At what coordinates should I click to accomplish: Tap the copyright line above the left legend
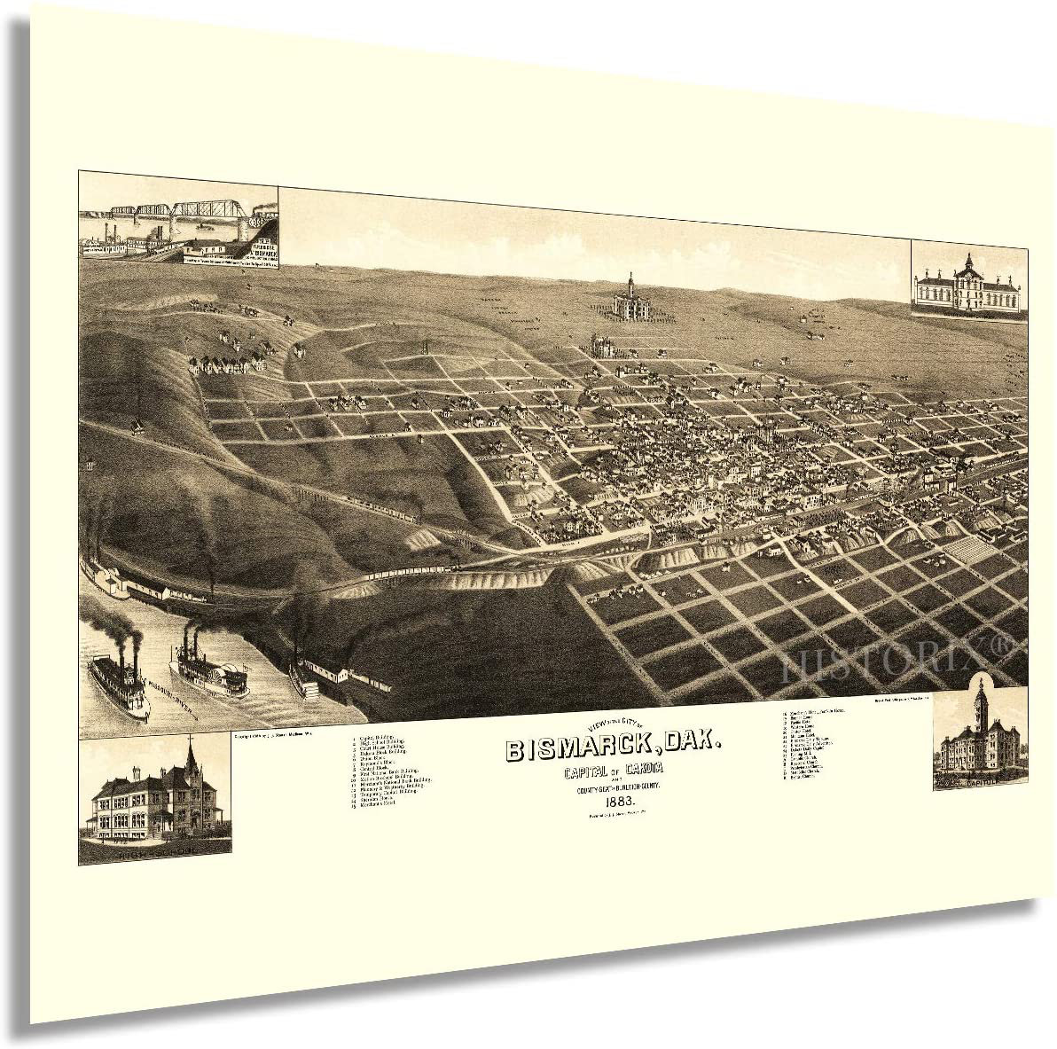279,735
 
